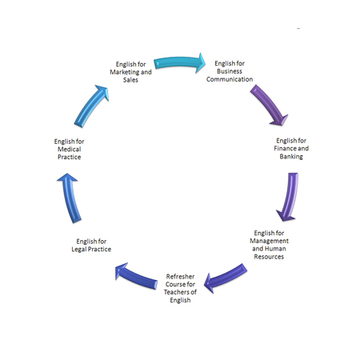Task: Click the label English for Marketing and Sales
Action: pos(130,72)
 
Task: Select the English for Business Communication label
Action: pos(230,71)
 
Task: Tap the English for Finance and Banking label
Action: pos(291,149)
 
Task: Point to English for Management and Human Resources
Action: pos(269,245)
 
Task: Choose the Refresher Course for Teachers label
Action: pos(180,288)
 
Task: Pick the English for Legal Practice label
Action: pos(91,246)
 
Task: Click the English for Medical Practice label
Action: pos(70,149)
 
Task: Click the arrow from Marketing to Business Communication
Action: pos(179,62)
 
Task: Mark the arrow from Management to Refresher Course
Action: pos(226,278)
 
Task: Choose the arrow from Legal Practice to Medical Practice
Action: pos(70,198)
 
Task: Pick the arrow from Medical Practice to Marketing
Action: pos(90,106)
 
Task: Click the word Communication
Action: pos(230,79)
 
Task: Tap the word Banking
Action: pos(291,157)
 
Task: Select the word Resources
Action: pos(269,257)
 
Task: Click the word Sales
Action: pos(130,80)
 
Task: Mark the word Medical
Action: pos(70,149)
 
